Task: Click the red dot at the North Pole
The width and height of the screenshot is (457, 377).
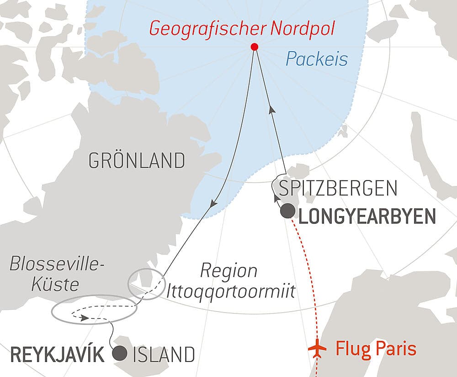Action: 255,47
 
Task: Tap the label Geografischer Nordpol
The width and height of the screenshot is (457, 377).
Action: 242,29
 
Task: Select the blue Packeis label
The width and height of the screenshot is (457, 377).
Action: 317,58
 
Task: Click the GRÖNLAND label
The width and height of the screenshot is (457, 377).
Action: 137,161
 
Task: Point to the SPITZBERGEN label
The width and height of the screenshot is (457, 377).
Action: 337,188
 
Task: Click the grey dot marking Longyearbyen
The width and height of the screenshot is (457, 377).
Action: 287,211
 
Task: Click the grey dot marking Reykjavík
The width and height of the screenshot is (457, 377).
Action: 120,353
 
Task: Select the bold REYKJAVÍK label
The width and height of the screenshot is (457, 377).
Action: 57,355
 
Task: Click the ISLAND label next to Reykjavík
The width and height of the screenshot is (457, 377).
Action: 164,355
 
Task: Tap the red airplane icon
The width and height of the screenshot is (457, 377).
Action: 318,349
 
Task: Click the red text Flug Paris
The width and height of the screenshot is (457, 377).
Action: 376,349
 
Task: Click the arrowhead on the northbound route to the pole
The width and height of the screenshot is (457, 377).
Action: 272,110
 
